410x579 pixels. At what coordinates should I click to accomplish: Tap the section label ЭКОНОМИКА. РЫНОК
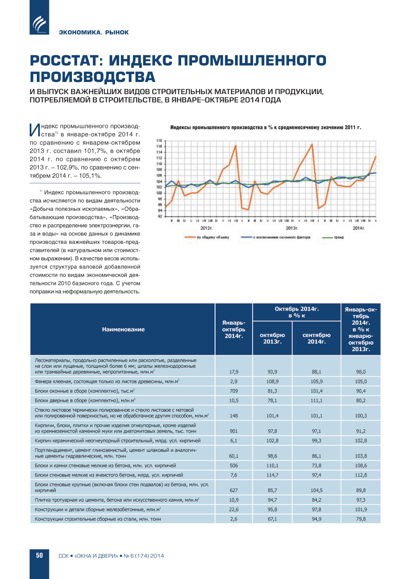tap(94, 32)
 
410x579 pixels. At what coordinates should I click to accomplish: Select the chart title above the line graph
tap(265, 127)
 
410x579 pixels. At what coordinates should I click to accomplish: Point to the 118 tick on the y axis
tap(159, 141)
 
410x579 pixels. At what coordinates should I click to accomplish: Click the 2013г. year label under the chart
tap(292, 228)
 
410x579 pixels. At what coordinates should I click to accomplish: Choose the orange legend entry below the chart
tap(207, 237)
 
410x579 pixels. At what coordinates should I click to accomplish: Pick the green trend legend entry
tap(333, 237)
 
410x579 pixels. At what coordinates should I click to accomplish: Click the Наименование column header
tap(123, 329)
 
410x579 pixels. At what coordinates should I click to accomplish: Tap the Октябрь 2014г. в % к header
tap(297, 312)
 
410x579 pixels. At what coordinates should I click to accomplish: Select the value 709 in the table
tap(233, 391)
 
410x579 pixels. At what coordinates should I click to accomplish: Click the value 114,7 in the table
tap(272, 475)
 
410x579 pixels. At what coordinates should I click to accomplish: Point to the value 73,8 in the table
tap(317, 465)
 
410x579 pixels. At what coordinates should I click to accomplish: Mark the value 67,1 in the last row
tap(272, 519)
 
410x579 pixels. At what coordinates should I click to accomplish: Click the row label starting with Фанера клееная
tap(107, 381)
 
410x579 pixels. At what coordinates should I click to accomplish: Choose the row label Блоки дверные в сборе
tap(85, 400)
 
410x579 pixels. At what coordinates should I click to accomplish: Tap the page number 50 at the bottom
tap(39, 556)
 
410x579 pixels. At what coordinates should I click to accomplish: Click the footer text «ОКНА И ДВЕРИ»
tap(96, 556)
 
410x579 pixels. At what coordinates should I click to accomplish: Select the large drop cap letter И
tap(35, 130)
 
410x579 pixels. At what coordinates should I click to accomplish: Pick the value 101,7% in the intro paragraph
tap(95, 151)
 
